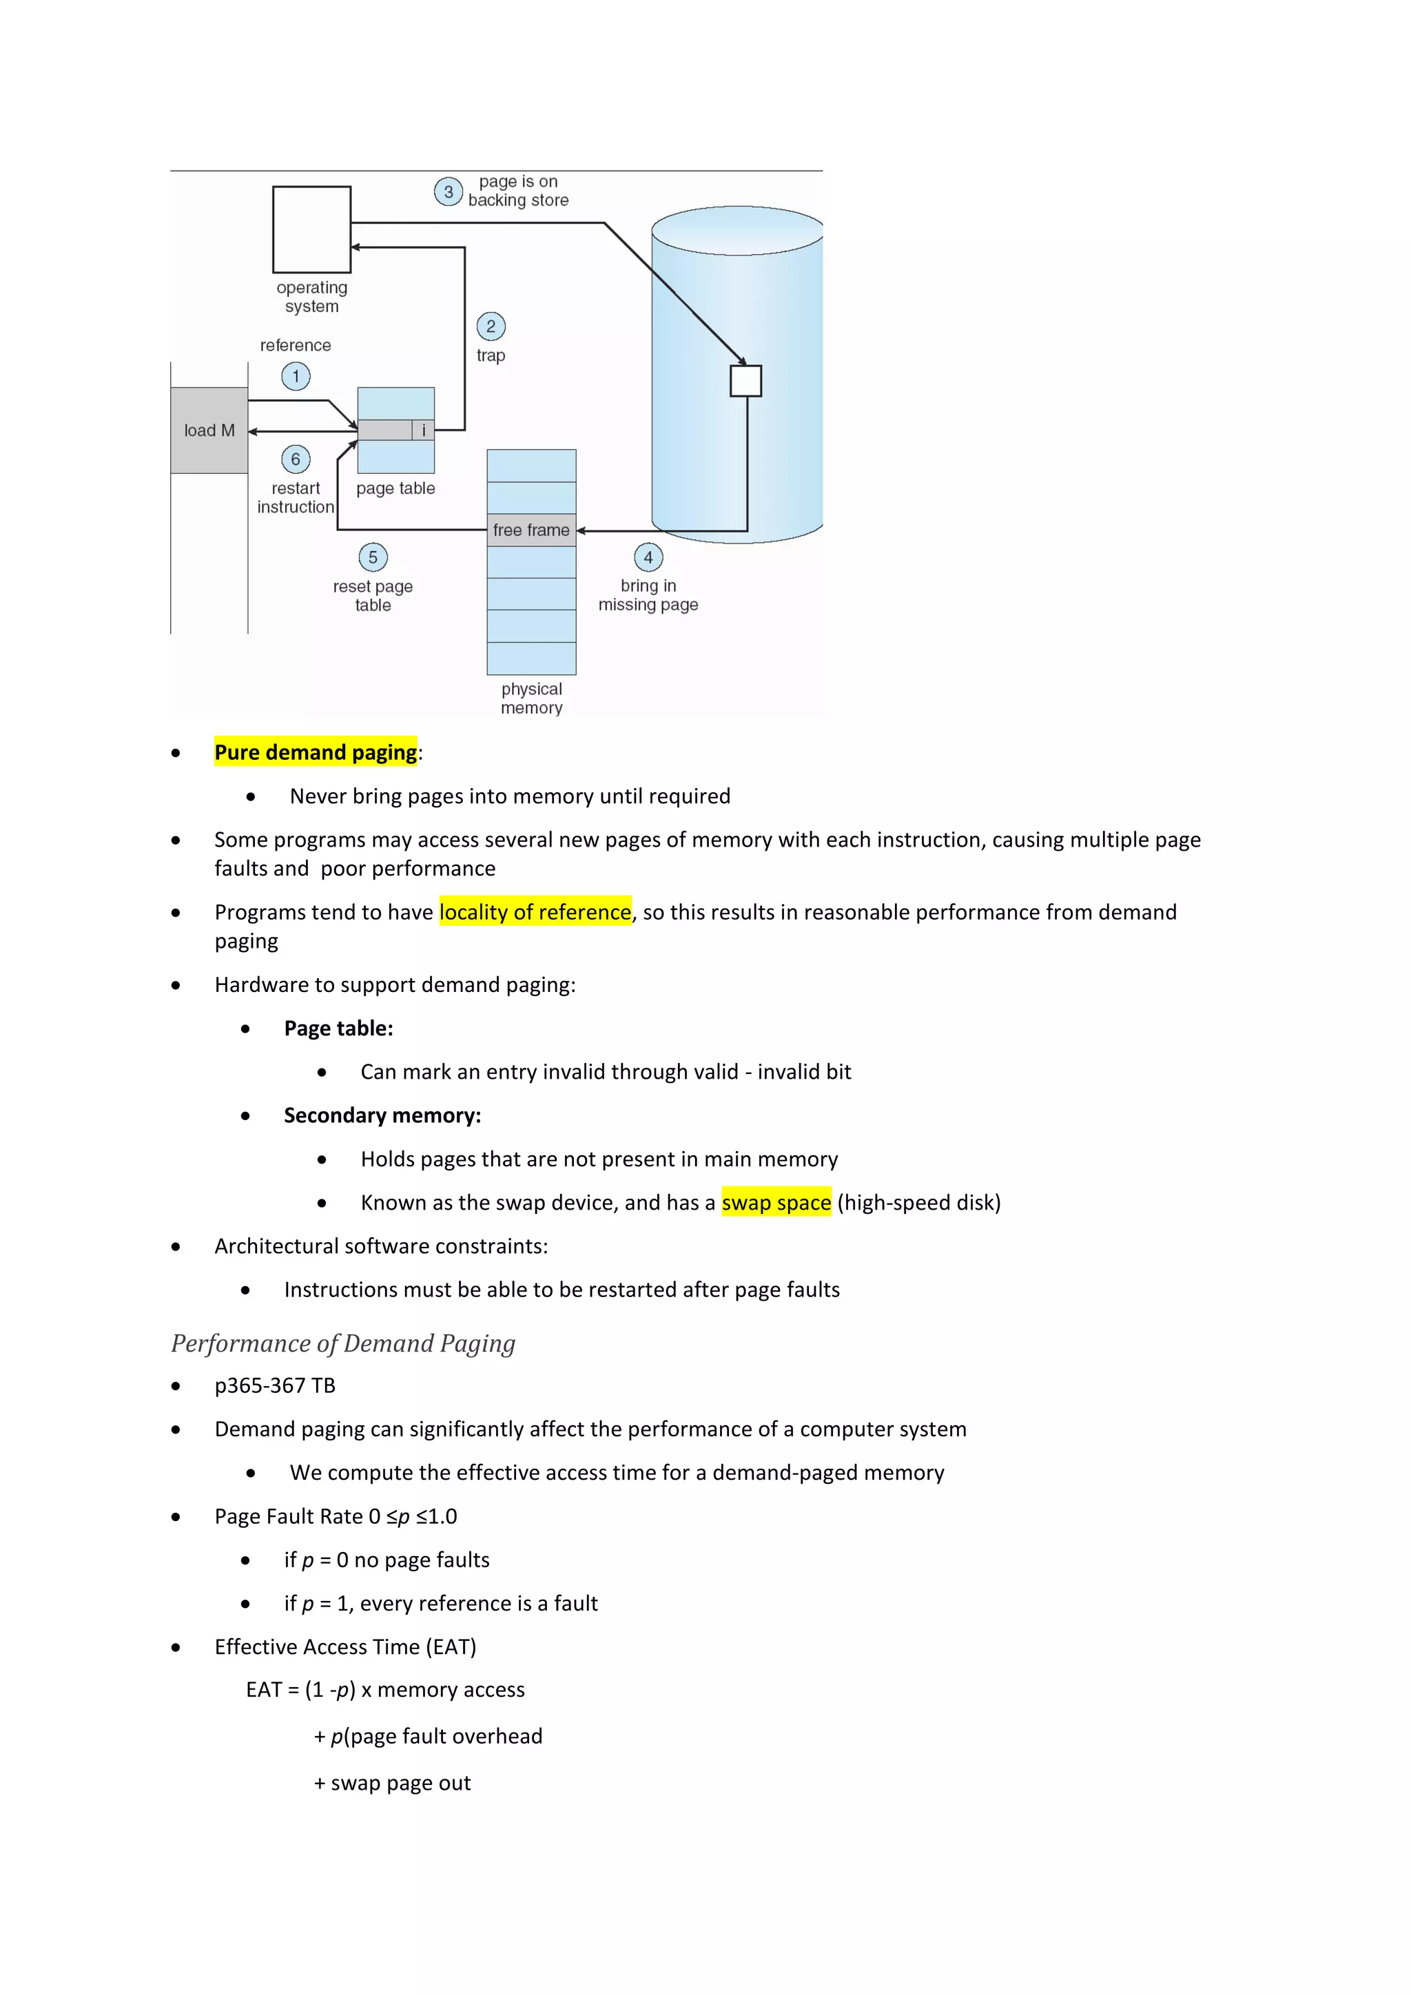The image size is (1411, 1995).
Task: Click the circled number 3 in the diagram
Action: [x=449, y=191]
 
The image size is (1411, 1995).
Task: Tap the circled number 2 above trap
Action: [x=491, y=327]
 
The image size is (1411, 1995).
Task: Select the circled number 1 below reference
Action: [x=296, y=376]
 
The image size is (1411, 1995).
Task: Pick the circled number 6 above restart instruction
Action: [x=296, y=459]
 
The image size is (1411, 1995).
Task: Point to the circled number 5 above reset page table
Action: [x=373, y=557]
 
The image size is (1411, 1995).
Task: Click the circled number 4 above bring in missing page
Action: [x=648, y=557]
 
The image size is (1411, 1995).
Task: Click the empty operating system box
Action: [x=312, y=229]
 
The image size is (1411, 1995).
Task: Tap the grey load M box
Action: [x=209, y=430]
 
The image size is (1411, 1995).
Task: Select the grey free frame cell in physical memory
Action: [x=531, y=530]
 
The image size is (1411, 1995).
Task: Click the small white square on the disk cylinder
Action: [x=745, y=380]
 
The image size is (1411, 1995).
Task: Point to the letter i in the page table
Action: [x=423, y=430]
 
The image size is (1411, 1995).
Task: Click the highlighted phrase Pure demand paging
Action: [x=316, y=752]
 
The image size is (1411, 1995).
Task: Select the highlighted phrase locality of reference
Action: [x=535, y=911]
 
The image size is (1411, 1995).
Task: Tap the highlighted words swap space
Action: [x=776, y=1203]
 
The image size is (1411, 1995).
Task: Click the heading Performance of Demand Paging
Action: [x=343, y=1343]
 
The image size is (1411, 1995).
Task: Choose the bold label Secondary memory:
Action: [x=382, y=1116]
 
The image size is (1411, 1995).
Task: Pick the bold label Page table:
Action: [x=338, y=1028]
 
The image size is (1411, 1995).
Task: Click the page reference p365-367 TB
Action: [x=275, y=1386]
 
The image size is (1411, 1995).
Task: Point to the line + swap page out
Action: [x=392, y=1783]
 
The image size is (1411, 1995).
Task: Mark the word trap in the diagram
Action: [x=491, y=355]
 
